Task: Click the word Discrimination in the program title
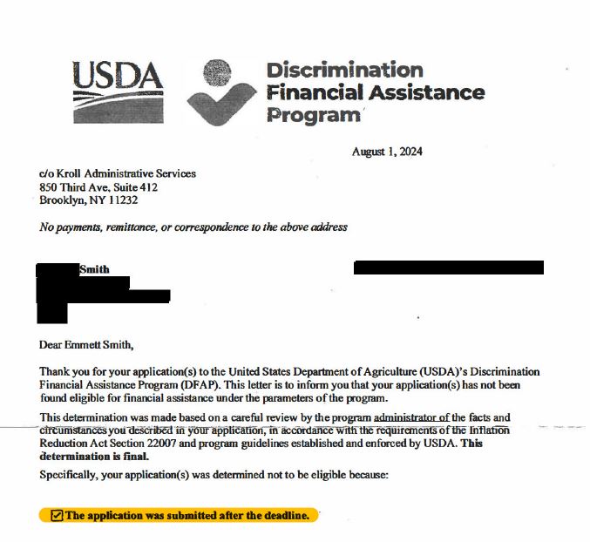[x=344, y=70]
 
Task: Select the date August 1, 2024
[x=387, y=152]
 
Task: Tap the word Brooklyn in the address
[x=58, y=200]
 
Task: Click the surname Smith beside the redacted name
[x=94, y=269]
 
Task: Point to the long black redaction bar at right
[x=448, y=268]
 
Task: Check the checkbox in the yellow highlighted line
[x=58, y=515]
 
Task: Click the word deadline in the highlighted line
[x=285, y=515]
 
